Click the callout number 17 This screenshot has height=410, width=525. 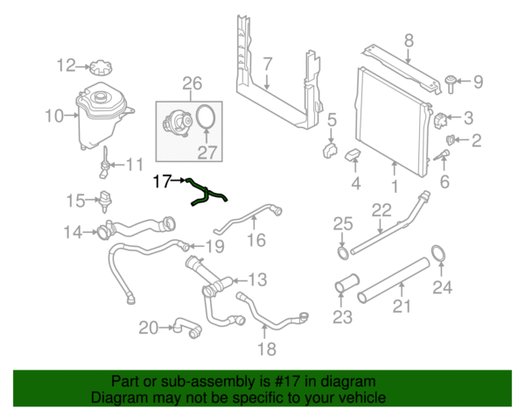[161, 182]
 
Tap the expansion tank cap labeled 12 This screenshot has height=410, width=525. [99, 67]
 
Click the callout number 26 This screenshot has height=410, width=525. [190, 84]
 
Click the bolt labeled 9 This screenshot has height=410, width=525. [449, 83]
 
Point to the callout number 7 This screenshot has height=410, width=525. [268, 62]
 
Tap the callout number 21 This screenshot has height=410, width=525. [401, 306]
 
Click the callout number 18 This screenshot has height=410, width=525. [265, 350]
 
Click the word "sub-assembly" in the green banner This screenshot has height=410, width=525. [195, 382]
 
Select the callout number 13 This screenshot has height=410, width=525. [255, 280]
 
